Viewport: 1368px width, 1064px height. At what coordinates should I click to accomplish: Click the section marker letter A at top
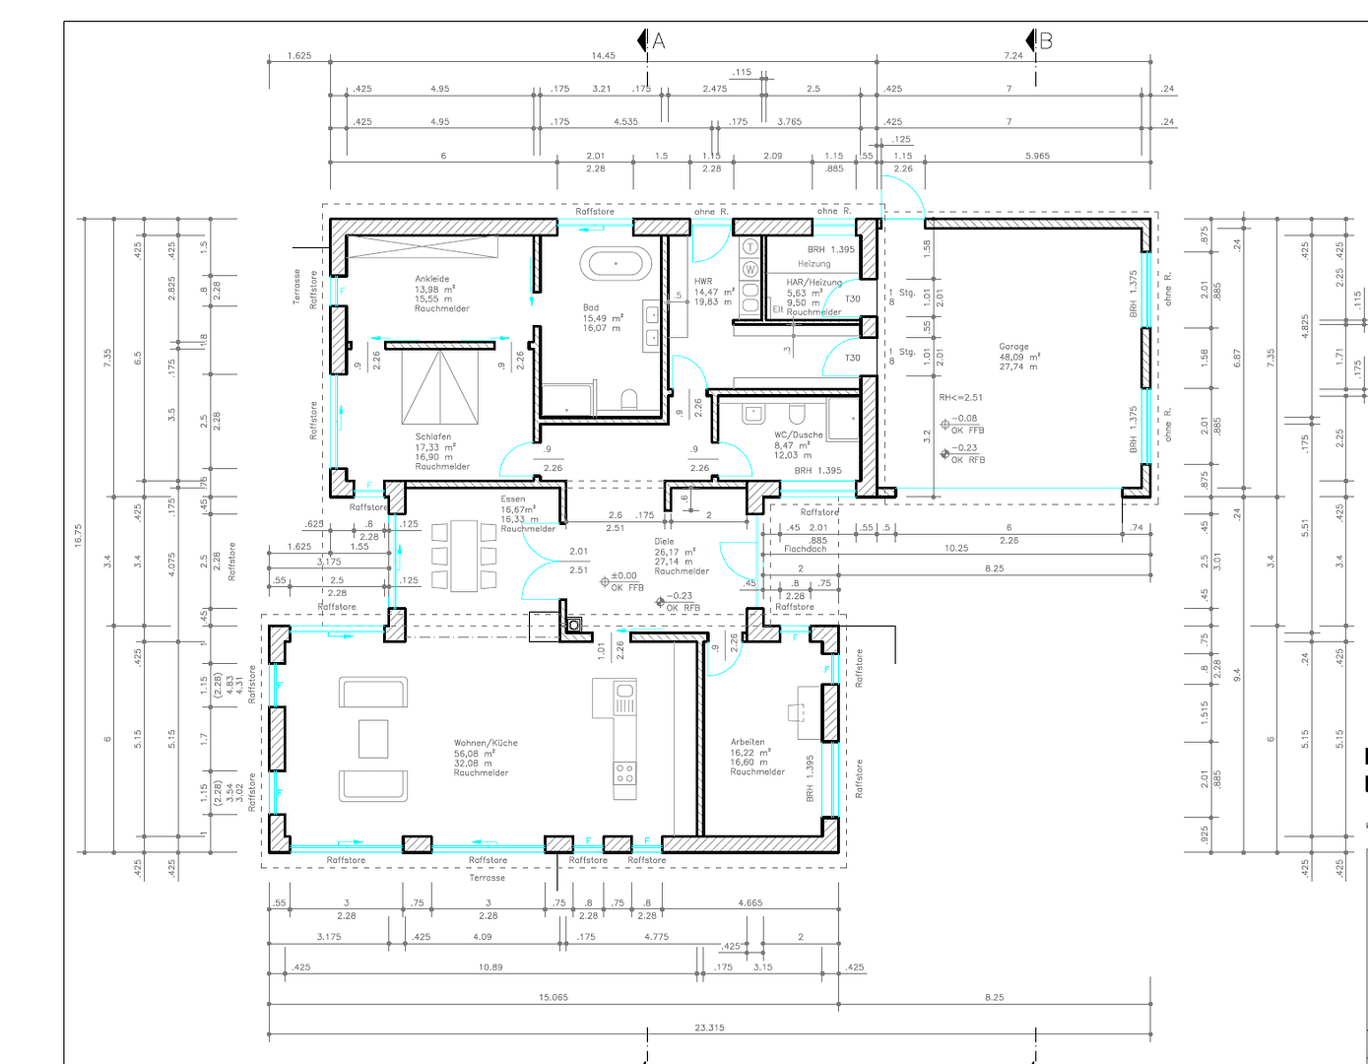pos(659,41)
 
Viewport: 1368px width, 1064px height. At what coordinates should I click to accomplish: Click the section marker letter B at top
pos(1046,41)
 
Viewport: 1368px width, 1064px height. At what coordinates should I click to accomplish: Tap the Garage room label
pos(1013,347)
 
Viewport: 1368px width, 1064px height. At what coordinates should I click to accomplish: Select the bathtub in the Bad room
pos(616,264)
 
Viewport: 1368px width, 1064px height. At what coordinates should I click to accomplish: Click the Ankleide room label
pos(431,279)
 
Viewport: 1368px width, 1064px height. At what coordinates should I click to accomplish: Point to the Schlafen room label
pos(433,436)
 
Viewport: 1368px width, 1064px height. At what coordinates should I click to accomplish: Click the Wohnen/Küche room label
pos(486,743)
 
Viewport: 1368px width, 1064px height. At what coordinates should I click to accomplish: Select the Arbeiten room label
pos(748,742)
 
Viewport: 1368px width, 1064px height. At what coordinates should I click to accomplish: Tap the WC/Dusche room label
pos(798,434)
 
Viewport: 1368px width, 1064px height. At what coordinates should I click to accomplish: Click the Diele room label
pos(665,541)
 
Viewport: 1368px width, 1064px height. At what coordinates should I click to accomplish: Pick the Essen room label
pos(513,499)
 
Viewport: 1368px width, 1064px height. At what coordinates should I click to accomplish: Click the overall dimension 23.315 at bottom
pos(709,1028)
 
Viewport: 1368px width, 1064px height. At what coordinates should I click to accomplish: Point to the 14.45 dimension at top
pos(603,55)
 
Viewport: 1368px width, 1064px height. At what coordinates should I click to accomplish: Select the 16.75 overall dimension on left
pos(79,535)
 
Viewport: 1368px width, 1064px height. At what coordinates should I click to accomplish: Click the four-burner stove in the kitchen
pos(625,773)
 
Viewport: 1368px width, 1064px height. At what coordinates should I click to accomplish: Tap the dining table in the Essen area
pos(464,557)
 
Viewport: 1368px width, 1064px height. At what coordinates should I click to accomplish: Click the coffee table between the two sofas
pos(373,739)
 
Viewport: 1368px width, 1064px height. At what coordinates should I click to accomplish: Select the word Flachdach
pos(805,549)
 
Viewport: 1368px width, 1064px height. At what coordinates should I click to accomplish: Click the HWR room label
pos(703,282)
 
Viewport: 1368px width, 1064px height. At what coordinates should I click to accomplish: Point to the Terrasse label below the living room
pos(487,878)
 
